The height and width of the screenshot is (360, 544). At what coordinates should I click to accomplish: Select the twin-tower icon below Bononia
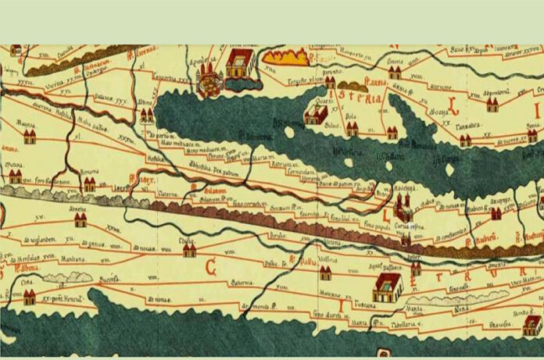tap(89, 185)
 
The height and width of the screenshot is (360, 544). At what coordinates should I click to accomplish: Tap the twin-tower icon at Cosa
tap(29, 297)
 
